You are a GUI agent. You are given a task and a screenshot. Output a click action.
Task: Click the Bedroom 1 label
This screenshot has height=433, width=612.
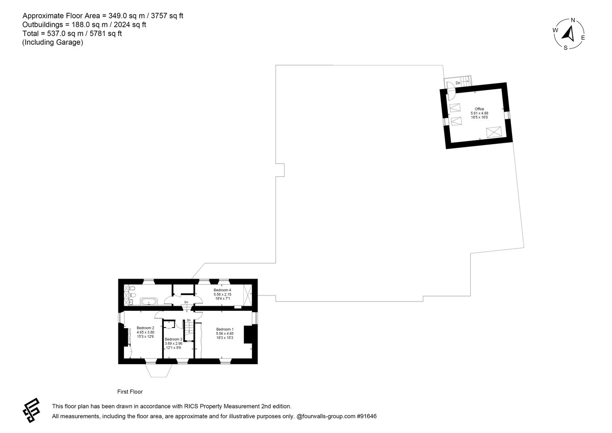tap(225, 329)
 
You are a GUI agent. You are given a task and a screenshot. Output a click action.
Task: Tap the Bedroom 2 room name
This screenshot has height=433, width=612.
tap(145, 328)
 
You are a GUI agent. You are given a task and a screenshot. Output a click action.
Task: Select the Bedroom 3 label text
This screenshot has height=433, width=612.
tap(173, 339)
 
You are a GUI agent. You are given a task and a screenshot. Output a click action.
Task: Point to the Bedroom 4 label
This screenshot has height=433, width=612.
tap(222, 290)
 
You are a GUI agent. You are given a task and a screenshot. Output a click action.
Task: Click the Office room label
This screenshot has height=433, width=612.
tap(479, 109)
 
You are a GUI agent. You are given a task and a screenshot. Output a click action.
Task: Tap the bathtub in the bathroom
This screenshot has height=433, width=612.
tap(149, 302)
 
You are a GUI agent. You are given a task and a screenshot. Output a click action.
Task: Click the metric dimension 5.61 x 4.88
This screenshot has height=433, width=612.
tap(479, 113)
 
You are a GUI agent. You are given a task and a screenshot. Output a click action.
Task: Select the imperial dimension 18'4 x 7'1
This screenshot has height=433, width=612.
tap(222, 299)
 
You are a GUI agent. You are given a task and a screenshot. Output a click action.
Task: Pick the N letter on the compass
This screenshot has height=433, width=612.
tap(573, 20)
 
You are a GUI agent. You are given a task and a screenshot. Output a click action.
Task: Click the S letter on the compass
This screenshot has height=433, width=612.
tap(566, 48)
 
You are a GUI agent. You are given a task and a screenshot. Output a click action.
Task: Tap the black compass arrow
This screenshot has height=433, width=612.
tap(568, 34)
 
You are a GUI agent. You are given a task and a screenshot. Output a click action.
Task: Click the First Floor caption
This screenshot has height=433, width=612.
tap(130, 392)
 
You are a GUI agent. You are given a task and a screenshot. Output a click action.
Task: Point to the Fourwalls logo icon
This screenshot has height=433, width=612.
tap(32, 411)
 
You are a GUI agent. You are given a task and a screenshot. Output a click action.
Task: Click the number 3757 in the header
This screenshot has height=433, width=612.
tap(159, 16)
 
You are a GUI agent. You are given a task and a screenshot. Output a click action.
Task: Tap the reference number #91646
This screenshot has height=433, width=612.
tap(367, 416)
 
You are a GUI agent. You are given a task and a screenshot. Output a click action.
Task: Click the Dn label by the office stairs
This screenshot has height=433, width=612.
tap(458, 83)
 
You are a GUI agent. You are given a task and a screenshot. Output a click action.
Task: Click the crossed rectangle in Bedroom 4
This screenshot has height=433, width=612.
tap(247, 295)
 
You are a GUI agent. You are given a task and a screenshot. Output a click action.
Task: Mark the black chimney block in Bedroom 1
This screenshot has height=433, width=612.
tap(249, 334)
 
